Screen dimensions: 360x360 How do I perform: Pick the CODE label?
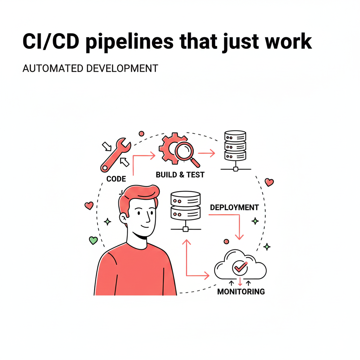click(x=116, y=179)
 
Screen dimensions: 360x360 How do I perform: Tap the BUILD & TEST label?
click(x=180, y=175)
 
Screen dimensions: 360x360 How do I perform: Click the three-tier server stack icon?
click(x=235, y=146)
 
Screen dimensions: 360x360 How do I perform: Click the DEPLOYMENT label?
click(x=234, y=207)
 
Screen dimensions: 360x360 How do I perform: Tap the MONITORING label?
click(x=241, y=291)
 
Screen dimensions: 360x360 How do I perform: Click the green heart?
click(x=93, y=240)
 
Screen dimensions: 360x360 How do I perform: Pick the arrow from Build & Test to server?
click(x=206, y=153)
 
